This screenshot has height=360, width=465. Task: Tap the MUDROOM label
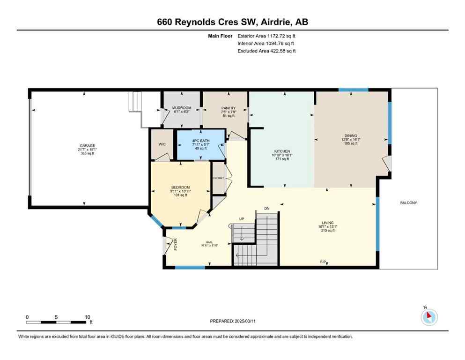(182, 108)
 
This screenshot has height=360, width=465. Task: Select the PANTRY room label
(228, 108)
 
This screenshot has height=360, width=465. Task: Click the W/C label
(162, 144)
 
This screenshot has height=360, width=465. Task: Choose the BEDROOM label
(180, 187)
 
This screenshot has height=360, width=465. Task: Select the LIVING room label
(327, 223)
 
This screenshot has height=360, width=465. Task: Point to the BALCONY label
(408, 202)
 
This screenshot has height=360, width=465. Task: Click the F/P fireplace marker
(323, 262)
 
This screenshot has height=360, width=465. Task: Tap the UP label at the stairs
(242, 219)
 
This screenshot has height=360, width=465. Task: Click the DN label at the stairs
(267, 208)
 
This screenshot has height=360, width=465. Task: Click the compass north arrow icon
(429, 317)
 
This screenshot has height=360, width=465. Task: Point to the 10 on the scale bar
(87, 317)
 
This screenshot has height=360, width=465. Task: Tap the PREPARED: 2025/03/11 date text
(232, 321)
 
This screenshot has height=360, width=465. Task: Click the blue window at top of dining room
(353, 90)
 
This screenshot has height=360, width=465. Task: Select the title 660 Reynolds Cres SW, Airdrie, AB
(232, 22)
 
